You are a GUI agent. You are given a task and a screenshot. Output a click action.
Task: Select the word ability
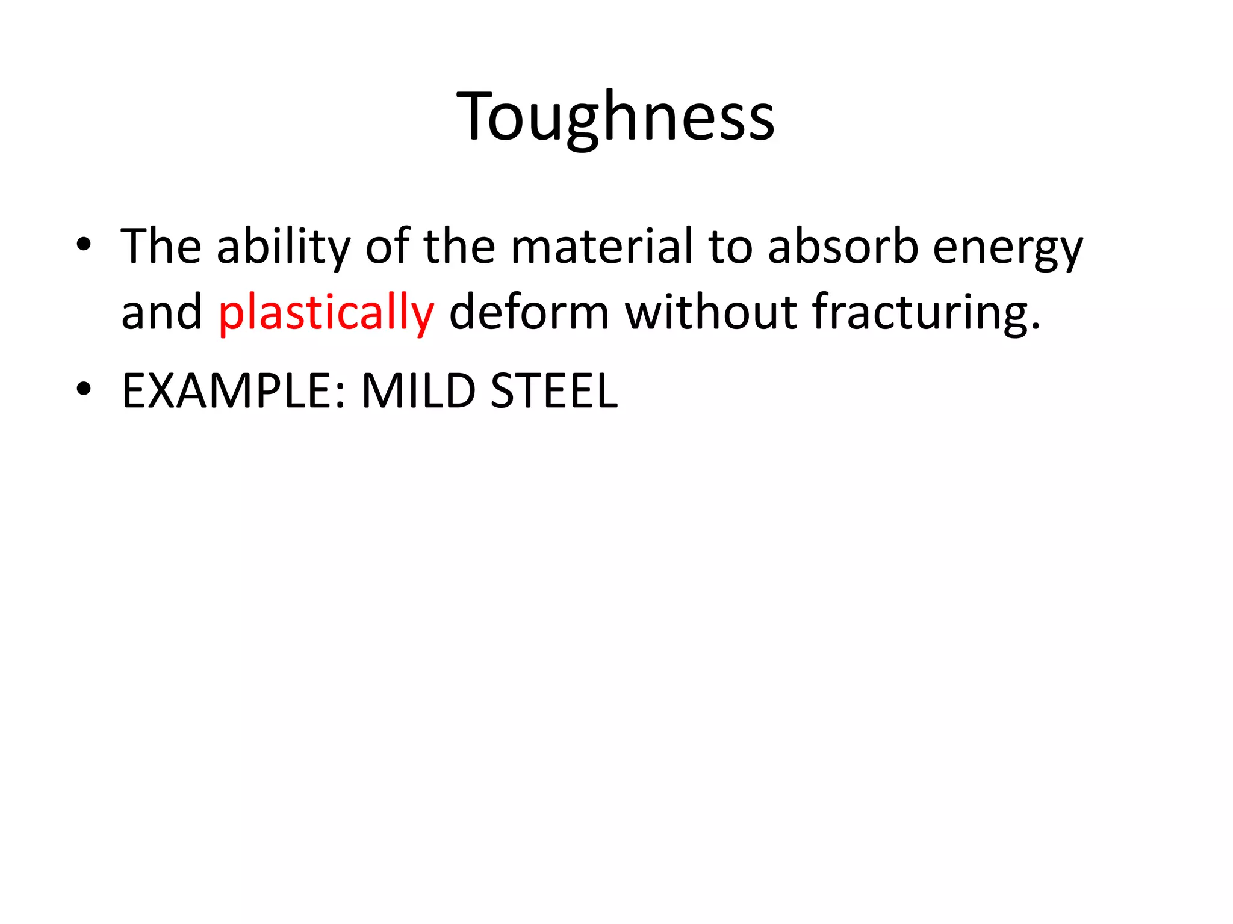point(283,247)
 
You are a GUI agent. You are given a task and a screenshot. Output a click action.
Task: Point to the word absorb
point(843,247)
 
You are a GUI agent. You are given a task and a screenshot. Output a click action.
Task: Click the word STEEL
point(554,392)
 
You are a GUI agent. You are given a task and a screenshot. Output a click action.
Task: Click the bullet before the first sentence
point(84,245)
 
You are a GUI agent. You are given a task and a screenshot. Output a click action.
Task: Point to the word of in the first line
point(387,247)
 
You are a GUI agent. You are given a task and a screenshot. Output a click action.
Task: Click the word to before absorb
point(730,247)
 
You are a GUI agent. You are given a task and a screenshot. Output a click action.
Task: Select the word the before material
point(459,247)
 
